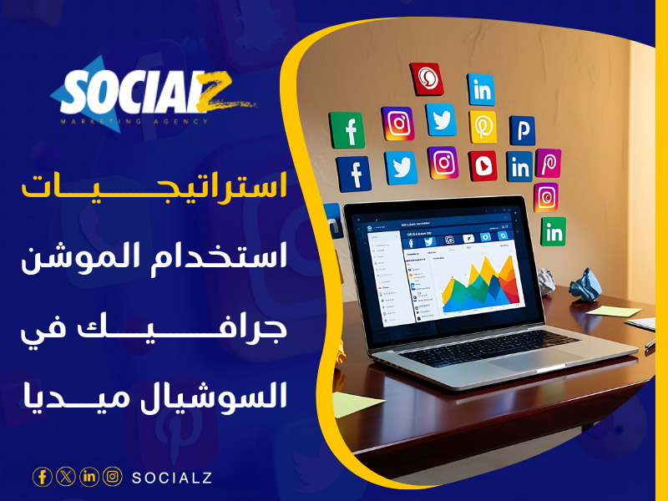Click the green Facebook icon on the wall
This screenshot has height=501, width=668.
(347, 130)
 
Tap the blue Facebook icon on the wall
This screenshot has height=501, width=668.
(354, 174)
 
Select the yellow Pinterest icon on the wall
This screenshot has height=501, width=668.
(483, 126)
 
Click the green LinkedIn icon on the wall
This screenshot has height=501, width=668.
(553, 231)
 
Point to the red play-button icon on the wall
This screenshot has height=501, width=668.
(483, 166)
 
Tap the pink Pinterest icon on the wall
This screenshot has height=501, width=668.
(548, 163)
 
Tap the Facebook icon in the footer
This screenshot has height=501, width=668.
(42, 477)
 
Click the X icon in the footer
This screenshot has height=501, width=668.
(65, 477)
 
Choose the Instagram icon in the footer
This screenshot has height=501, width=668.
(112, 477)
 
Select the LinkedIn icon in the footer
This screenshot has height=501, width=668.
(89, 477)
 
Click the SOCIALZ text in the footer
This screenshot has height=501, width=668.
(172, 478)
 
